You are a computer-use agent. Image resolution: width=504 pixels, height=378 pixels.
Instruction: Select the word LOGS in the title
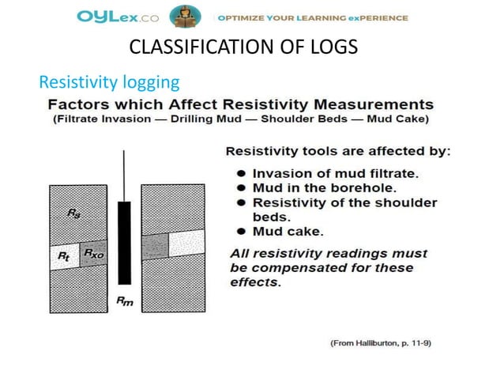point(333,48)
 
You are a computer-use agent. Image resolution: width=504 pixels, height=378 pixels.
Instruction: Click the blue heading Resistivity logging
point(110,81)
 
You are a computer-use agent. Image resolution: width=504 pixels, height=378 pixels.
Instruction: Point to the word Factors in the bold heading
point(81,104)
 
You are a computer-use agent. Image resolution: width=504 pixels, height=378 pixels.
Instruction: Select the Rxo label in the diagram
point(93,254)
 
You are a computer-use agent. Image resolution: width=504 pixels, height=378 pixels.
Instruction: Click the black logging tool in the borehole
point(124,242)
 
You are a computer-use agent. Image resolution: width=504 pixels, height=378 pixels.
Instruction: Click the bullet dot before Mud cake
point(240,232)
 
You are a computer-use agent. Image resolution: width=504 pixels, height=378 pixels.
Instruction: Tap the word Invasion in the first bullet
point(280,172)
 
